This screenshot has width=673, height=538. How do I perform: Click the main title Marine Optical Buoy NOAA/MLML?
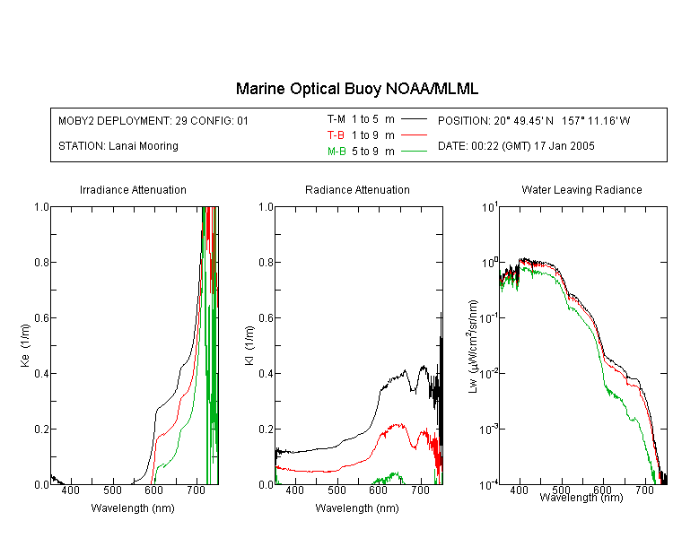(357, 89)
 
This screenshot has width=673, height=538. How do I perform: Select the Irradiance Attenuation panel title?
(133, 189)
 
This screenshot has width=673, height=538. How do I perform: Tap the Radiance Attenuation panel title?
(357, 189)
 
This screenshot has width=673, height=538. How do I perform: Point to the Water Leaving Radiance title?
(581, 189)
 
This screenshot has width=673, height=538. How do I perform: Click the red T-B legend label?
(336, 135)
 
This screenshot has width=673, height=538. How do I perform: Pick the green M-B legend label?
(336, 152)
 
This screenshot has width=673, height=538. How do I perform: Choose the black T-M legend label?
(336, 119)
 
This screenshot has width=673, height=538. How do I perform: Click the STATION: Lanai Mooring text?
(118, 146)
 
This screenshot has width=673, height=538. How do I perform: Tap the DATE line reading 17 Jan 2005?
(516, 146)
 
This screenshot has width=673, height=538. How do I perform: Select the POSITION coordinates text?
(534, 120)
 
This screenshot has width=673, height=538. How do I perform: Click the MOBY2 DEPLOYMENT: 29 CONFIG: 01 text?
(153, 120)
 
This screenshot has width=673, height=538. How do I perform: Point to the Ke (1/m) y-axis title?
(25, 345)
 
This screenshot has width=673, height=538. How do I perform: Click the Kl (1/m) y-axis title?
(249, 345)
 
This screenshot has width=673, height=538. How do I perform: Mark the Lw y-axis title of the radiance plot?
(473, 346)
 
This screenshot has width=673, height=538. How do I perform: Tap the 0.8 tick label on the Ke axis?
(41, 262)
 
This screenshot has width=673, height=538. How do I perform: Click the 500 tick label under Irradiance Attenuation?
(112, 490)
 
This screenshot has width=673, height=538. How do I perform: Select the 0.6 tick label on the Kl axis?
(267, 318)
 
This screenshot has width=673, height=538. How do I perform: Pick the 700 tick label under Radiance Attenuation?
(421, 490)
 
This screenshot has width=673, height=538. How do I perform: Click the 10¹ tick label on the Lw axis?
(490, 207)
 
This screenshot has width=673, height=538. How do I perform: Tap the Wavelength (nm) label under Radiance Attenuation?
(357, 508)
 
